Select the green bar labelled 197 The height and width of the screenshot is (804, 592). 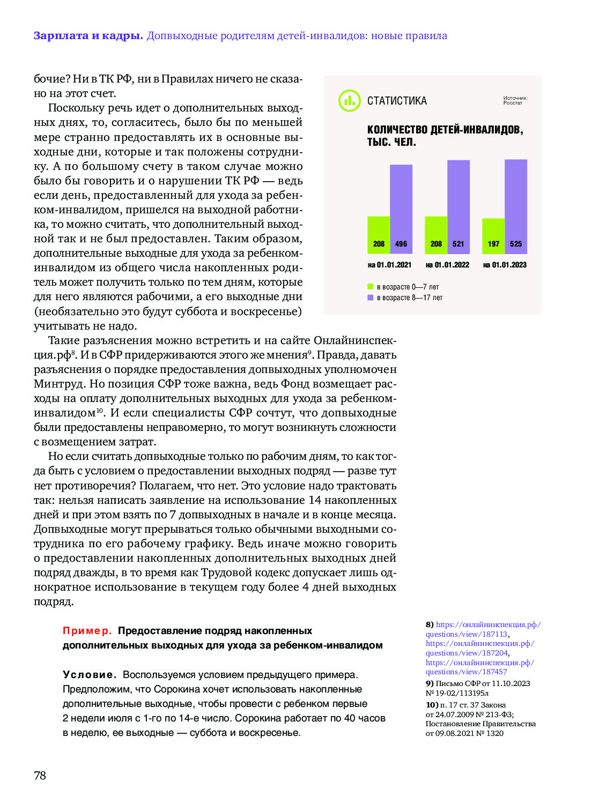(x=493, y=236)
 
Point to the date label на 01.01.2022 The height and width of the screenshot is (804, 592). (x=447, y=265)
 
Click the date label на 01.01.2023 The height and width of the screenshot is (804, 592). (x=505, y=265)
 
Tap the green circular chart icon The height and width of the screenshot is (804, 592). (x=350, y=100)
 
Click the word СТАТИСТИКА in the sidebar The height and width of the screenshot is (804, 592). (x=397, y=101)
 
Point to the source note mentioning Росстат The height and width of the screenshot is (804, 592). (x=515, y=100)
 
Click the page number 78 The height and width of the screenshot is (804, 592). (x=40, y=775)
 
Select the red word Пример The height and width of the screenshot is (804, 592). (x=87, y=631)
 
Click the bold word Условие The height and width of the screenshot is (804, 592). (x=90, y=674)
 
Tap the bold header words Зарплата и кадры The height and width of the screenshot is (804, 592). (x=88, y=36)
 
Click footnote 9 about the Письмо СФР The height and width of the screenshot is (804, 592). (x=477, y=688)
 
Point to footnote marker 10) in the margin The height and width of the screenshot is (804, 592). (x=432, y=705)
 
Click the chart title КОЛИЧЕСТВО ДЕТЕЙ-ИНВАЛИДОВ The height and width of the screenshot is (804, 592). (x=445, y=130)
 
